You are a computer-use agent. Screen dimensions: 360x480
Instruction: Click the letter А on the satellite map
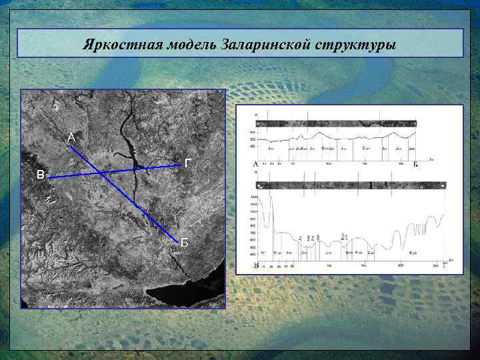pos(71,138)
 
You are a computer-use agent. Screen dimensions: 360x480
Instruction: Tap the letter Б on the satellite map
pos(185,243)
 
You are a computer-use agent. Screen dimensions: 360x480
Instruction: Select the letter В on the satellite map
pos(41,176)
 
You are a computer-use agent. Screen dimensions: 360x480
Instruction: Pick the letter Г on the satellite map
pos(189,163)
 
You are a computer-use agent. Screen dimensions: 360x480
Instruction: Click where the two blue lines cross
pos(101,173)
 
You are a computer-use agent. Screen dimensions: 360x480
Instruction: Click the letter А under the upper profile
pos(255,165)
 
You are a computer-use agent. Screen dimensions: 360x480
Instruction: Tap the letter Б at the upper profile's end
pos(415,165)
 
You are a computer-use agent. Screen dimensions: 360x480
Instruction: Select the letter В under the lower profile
pos(256,265)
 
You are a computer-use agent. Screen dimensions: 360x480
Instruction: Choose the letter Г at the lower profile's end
pos(445,265)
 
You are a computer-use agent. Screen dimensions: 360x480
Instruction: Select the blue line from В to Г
pos(147,168)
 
